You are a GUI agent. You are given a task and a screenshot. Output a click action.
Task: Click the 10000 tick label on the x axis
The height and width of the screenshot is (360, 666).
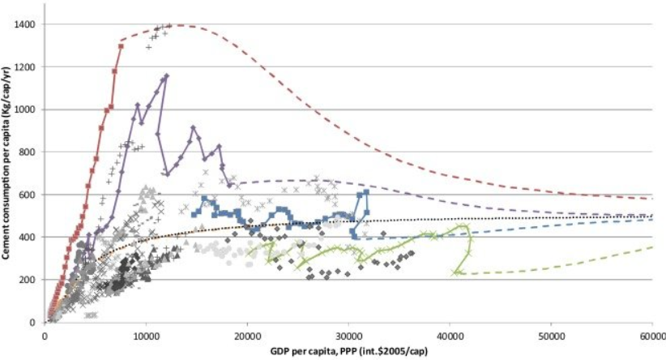146,336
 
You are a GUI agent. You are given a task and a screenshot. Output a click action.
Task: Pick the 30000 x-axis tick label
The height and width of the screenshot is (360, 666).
348,336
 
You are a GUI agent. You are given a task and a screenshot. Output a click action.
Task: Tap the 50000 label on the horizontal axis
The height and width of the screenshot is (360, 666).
551,336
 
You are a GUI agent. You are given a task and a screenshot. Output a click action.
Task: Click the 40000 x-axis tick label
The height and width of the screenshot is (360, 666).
450,336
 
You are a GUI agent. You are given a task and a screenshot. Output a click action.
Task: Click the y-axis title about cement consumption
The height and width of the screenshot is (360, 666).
6,163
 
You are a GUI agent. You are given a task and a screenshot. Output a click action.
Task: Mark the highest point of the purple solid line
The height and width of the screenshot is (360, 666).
167,76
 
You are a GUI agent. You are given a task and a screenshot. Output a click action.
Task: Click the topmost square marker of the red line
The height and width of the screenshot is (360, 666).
121,46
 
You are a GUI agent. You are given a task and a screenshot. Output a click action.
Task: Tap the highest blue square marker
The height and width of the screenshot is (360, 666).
366,192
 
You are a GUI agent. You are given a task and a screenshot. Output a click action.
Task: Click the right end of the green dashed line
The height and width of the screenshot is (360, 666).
652,246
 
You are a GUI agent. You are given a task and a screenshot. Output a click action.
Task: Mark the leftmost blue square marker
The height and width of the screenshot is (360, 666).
194,215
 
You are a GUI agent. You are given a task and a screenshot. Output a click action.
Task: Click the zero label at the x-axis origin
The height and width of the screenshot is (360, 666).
45,336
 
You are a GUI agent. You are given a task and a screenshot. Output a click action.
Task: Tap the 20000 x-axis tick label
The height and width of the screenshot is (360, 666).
248,336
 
